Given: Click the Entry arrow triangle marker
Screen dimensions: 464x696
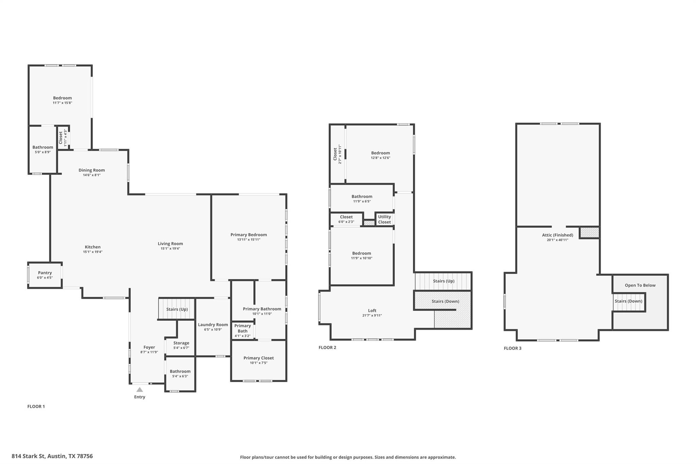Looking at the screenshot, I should pos(140,390).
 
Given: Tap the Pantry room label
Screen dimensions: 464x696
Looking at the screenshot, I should pos(45,273).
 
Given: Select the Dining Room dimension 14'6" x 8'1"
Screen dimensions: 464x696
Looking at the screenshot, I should pos(92,175).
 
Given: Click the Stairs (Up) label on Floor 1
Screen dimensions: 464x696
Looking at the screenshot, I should pos(177,309).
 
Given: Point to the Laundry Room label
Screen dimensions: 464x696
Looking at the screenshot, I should pos(213,325).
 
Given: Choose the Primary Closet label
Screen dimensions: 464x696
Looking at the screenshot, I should pos(259,358).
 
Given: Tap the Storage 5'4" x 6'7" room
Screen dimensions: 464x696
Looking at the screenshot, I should pos(181,345).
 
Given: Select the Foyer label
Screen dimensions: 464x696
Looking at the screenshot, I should pos(149,347).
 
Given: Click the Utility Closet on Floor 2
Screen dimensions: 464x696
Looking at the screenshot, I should pos(384,219).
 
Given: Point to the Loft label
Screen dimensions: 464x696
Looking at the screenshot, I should pos(372,310).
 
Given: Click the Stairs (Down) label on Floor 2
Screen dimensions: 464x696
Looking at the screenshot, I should pos(445,301).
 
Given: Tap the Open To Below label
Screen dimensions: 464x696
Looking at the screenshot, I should pos(640,285).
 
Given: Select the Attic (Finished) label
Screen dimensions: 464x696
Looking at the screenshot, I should pos(557,235).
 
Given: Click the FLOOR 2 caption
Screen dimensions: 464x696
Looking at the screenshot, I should pos(327,347).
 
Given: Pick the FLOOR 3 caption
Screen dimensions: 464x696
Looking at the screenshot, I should pos(512,348).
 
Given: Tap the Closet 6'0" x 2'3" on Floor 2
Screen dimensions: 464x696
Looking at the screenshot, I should pos(346,219).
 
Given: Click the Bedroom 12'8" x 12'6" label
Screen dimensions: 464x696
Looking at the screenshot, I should pos(380,153).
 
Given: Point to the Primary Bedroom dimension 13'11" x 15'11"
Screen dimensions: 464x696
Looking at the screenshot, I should pos(249,240).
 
